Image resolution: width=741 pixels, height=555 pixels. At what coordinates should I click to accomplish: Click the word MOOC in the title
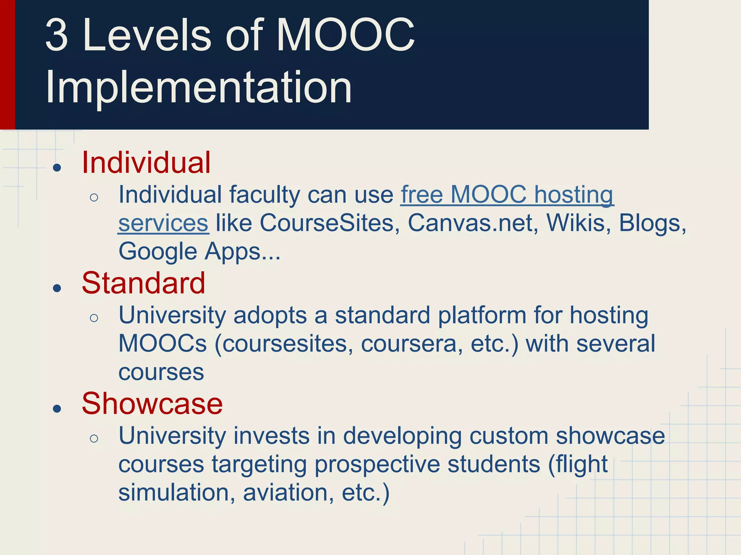coord(346,35)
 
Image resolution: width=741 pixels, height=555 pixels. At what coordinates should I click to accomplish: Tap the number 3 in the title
coord(57,35)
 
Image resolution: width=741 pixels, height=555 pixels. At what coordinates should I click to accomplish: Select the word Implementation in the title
coord(199,88)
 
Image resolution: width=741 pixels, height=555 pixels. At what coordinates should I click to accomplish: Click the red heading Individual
coord(146,163)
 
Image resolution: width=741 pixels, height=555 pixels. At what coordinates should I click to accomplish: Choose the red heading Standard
coord(144,283)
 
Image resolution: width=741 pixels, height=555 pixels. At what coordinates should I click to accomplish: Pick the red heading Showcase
coord(152,404)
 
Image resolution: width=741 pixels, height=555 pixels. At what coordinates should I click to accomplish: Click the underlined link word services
coord(163,223)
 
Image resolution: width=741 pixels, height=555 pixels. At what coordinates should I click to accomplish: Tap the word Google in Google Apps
coord(158,251)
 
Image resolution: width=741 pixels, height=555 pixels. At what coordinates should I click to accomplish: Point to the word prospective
coord(377,464)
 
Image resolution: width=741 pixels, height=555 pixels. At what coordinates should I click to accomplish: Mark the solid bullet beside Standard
coord(57,288)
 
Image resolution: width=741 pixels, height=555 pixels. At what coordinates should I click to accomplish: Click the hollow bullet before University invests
coord(94,438)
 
